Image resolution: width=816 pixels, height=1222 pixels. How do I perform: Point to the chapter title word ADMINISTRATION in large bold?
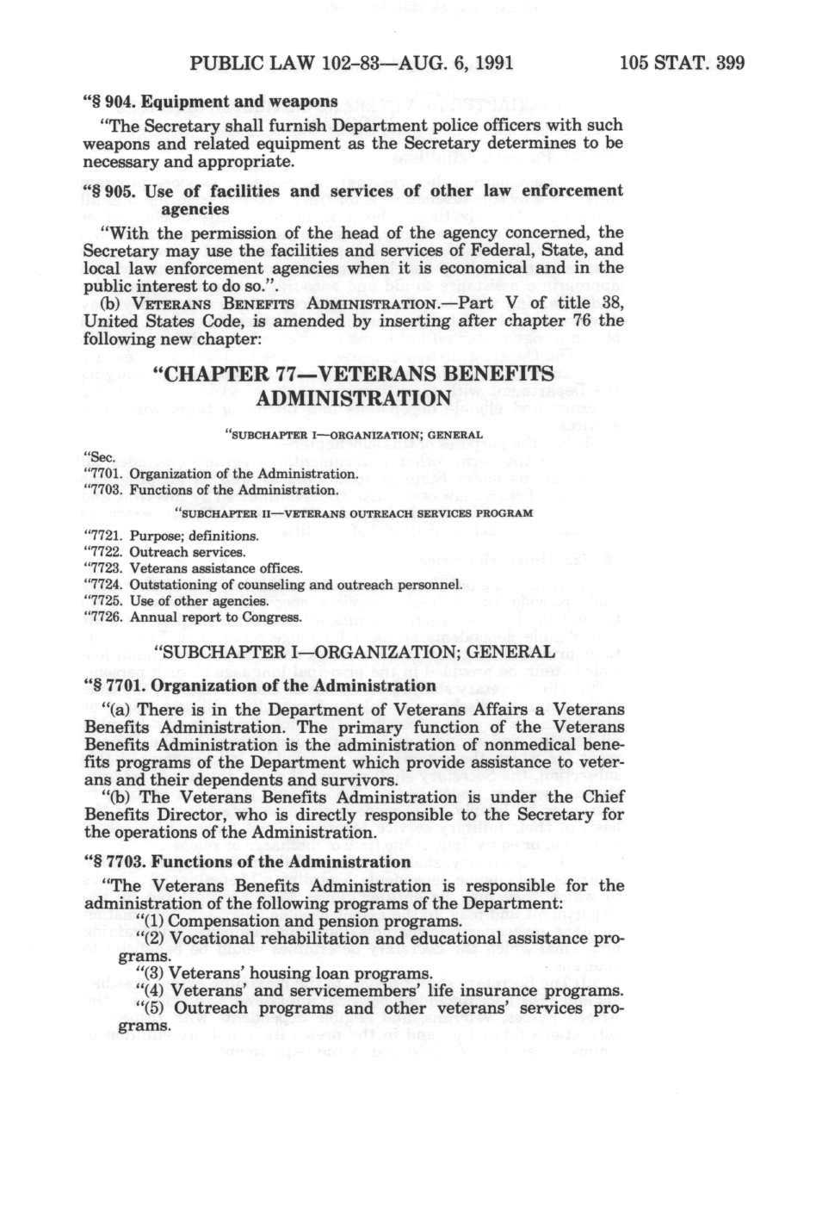point(353,398)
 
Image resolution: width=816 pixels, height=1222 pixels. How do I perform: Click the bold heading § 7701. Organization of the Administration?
point(259,685)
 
